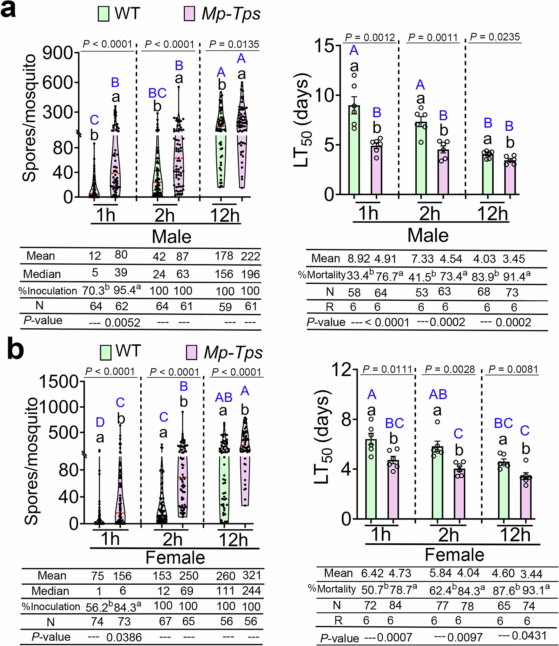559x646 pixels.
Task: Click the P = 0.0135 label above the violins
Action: tap(234, 44)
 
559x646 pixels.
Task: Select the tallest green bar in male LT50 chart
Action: tap(354, 150)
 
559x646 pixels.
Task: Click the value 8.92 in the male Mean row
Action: tap(359, 259)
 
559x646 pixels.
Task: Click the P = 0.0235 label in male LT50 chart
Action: tap(495, 37)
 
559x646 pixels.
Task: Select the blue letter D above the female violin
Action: tap(100, 422)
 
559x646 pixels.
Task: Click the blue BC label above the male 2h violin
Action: tap(157, 93)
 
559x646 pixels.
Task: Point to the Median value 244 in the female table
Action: tap(251, 591)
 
